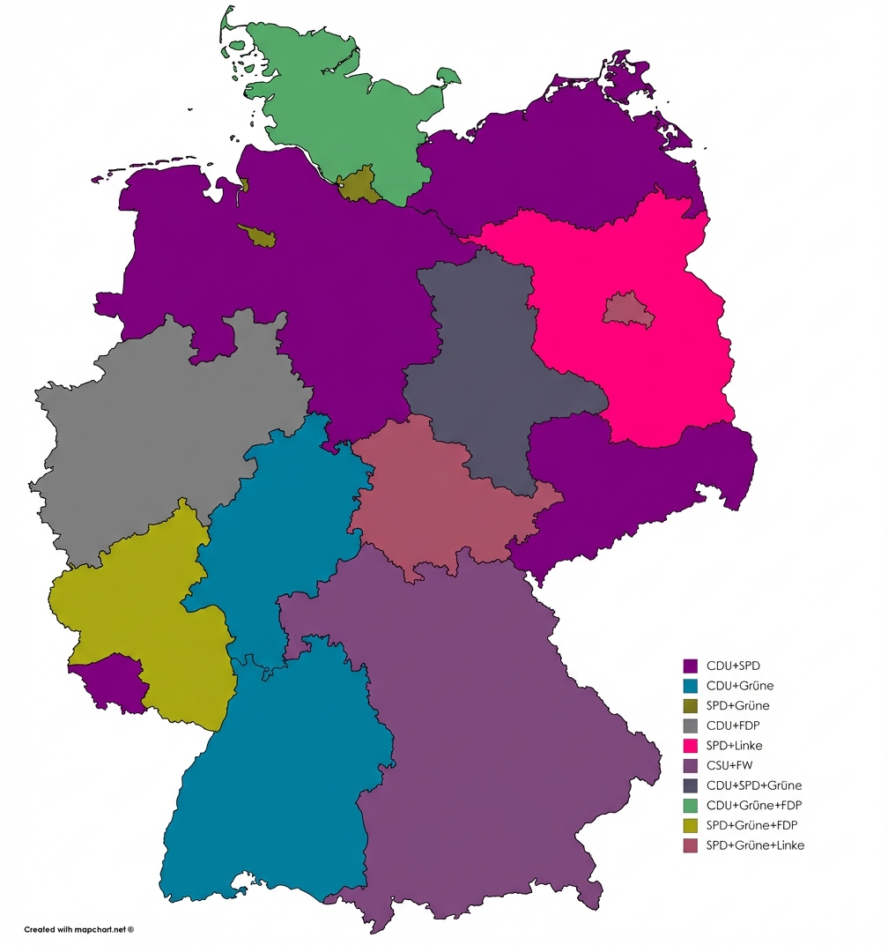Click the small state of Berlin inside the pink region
point(628,310)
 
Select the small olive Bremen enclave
point(257,235)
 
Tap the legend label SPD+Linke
point(735,745)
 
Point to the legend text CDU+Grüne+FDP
point(754,805)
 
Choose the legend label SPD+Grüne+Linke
point(755,845)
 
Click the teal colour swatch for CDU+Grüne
point(691,686)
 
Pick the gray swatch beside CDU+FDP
point(691,725)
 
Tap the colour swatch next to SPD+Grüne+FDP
point(691,825)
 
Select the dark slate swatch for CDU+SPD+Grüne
point(691,785)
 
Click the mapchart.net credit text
point(78,929)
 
